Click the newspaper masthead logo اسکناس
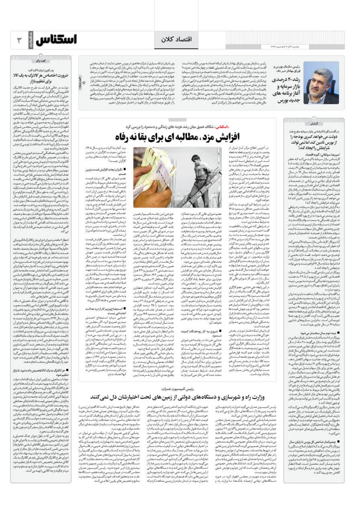point(56,40)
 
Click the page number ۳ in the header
point(19,41)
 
